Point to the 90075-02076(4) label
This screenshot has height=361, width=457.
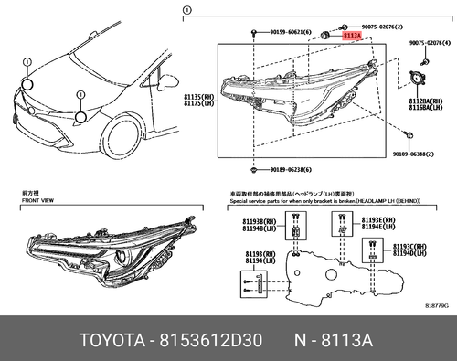coord(430,42)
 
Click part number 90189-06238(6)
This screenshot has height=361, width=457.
coord(289,170)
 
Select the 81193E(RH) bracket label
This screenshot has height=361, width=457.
coord(377,220)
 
